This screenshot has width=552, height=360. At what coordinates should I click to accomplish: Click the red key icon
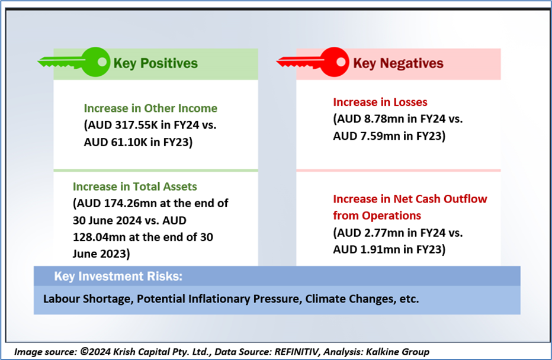tap(313, 62)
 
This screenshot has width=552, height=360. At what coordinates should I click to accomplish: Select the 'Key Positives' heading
tap(155, 63)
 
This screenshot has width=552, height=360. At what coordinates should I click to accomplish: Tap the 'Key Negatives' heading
tap(398, 63)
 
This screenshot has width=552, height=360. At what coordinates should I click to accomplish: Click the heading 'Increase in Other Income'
tap(150, 108)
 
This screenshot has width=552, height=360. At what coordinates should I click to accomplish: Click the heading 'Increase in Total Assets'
tap(135, 186)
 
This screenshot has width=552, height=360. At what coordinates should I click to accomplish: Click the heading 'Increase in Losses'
tap(380, 102)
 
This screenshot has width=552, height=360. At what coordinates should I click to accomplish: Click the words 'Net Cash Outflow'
tap(440, 199)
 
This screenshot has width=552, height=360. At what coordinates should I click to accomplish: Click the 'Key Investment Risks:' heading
tap(118, 277)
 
